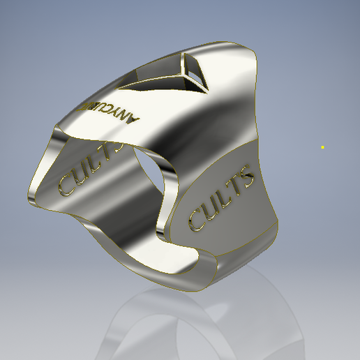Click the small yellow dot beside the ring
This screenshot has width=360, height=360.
pyautogui.click(x=322, y=147)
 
